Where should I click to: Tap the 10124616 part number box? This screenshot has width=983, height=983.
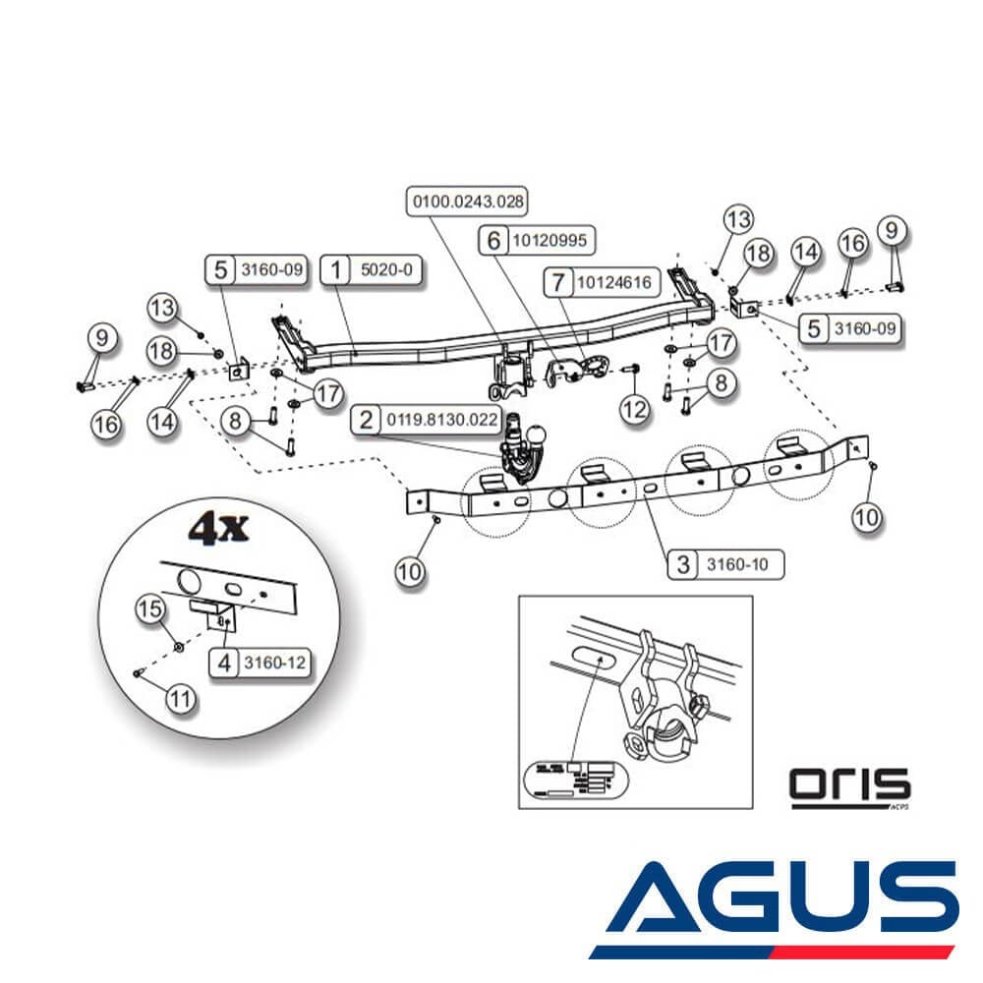click(614, 283)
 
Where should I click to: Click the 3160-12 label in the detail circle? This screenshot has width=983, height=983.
click(274, 664)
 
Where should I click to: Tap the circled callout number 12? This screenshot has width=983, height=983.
click(635, 408)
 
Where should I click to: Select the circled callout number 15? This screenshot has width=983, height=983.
click(151, 610)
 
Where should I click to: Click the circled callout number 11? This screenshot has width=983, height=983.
click(180, 700)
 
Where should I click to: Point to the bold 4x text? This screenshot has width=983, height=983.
click(218, 530)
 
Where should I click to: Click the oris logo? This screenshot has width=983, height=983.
click(850, 785)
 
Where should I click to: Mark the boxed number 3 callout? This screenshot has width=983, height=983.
click(683, 564)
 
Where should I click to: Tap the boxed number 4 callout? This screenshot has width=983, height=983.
click(224, 664)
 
